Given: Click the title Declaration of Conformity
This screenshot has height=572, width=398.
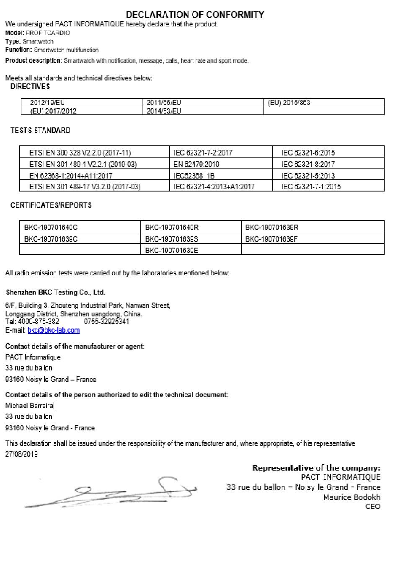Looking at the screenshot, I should click(195, 15).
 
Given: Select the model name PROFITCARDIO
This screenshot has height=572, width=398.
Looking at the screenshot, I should click(48, 33).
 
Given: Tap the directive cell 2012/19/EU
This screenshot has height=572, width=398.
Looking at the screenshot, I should click(47, 103).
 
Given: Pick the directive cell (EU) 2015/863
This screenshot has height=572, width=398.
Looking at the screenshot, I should click(289, 103).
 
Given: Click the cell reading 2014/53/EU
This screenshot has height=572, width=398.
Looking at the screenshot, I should click(164, 111).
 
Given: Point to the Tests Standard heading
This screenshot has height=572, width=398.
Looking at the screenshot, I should click(40, 130).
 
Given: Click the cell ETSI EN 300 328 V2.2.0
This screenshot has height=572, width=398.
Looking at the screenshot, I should click(80, 153).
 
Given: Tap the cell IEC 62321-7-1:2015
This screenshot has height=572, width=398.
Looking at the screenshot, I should click(311, 186).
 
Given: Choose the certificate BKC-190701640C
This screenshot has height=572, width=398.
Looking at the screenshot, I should click(51, 228).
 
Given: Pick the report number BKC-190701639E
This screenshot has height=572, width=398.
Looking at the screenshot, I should click(172, 251).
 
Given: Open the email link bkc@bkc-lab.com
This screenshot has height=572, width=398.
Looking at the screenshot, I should click(54, 330).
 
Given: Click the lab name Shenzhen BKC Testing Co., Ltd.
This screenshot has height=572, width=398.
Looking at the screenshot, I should click(55, 292).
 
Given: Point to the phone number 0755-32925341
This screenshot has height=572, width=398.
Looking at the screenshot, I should click(106, 321).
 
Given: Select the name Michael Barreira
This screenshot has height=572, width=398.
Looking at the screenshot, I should click(29, 406).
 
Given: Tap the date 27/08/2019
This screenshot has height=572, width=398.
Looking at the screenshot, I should click(21, 454).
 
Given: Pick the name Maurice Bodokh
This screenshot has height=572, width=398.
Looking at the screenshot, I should click(351, 497).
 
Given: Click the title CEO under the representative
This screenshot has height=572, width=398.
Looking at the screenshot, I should click(372, 507).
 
